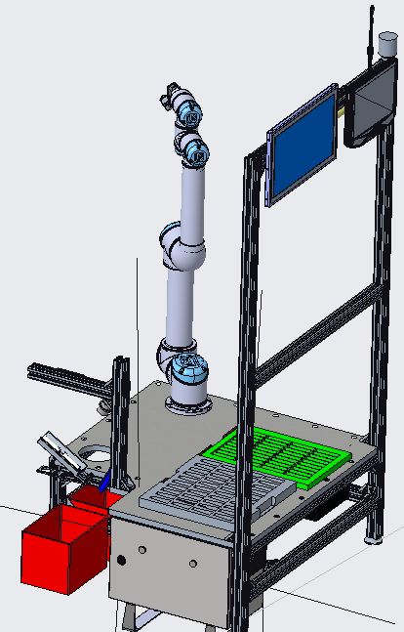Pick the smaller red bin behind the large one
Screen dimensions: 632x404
tap(96, 498)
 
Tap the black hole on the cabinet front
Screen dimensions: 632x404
tap(122, 561)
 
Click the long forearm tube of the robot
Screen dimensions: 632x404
tap(192, 195)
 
